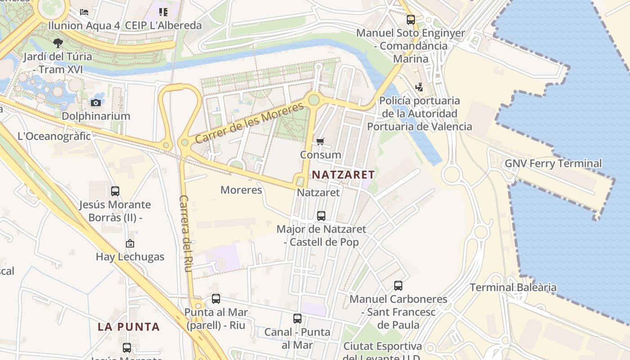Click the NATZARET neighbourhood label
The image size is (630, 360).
click(x=343, y=175)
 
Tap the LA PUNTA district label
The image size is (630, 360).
click(x=129, y=327)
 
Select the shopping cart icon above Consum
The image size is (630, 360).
click(x=320, y=142)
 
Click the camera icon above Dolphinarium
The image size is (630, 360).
click(x=95, y=103)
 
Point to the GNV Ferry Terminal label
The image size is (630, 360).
click(x=553, y=163)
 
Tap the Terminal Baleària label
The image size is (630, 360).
click(x=513, y=287)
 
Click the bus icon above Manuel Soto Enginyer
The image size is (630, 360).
click(x=410, y=20)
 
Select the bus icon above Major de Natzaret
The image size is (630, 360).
click(x=321, y=216)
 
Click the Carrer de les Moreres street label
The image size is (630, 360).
click(x=250, y=123)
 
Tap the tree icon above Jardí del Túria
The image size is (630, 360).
click(x=58, y=43)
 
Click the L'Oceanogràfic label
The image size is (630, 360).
click(x=54, y=136)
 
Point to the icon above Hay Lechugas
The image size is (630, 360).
click(x=130, y=243)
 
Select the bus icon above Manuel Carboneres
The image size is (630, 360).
click(x=398, y=285)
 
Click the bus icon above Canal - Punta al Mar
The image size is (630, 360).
click(x=297, y=319)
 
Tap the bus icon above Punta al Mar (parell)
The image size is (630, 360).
click(x=216, y=298)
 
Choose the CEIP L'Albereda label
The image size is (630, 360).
click(x=163, y=25)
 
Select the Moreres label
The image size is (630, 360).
click(x=241, y=190)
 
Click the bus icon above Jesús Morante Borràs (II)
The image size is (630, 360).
click(x=115, y=191)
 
